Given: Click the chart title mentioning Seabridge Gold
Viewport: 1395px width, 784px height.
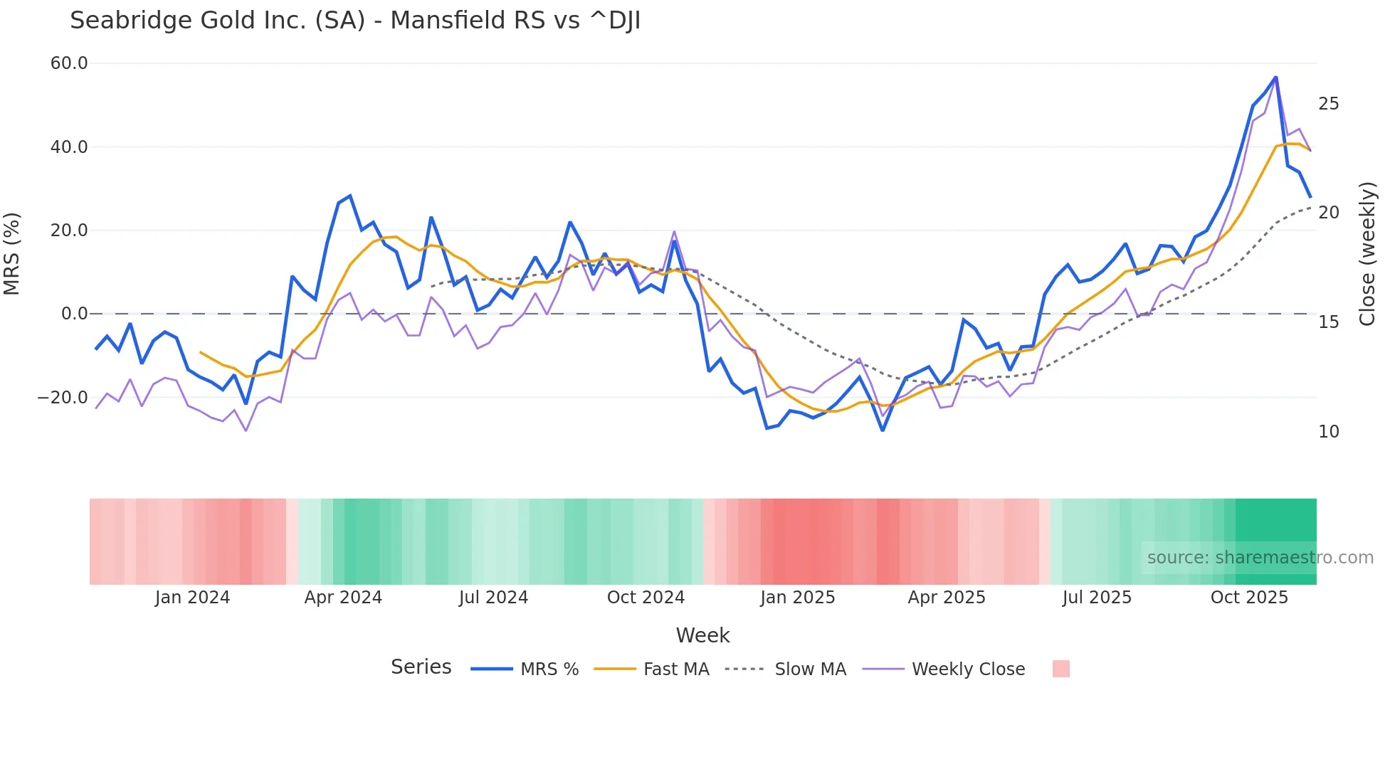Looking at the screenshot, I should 355,21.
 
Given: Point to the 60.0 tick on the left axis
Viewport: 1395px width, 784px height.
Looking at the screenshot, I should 69,63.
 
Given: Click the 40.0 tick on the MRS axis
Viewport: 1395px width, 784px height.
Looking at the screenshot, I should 69,147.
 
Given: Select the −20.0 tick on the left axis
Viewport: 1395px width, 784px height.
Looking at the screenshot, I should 63,398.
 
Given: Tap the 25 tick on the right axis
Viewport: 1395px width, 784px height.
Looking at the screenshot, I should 1328,104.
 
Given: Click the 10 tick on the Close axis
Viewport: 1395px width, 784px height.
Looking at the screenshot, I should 1328,432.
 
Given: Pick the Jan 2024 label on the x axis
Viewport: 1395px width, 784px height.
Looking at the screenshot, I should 192,598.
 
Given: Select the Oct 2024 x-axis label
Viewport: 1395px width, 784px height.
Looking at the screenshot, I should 646,598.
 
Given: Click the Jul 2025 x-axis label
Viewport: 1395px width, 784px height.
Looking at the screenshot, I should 1097,598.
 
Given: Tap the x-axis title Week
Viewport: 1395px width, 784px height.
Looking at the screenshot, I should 702,635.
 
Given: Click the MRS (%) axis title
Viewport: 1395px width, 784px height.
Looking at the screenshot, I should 12,253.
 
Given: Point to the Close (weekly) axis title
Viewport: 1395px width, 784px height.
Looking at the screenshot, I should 1367,253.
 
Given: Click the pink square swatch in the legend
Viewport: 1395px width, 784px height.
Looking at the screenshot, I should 1060,669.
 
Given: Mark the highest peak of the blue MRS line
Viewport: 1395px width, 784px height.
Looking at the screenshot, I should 1275,77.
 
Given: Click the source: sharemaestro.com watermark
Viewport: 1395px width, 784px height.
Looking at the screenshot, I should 1260,558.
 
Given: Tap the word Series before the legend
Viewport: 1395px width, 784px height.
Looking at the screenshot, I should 421,667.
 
